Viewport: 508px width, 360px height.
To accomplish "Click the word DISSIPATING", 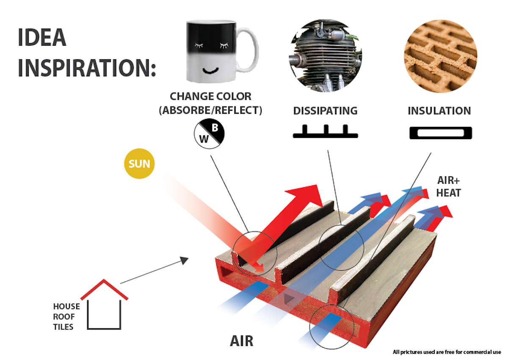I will click(325, 111).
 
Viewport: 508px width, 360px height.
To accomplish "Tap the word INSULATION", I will click(439, 111).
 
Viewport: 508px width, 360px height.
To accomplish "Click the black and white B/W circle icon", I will click(209, 134).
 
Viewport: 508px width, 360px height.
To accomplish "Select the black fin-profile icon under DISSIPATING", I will click(326, 132).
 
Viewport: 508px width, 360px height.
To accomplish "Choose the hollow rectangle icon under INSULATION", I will click(441, 133).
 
